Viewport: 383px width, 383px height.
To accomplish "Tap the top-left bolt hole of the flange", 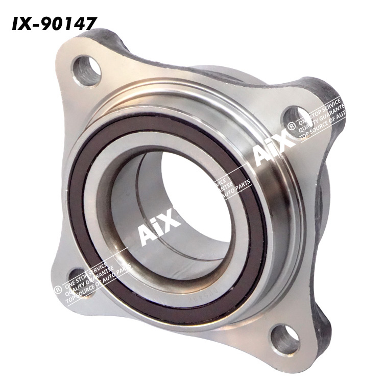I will (86, 70).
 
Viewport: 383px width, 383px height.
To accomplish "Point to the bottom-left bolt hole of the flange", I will (77, 276).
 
